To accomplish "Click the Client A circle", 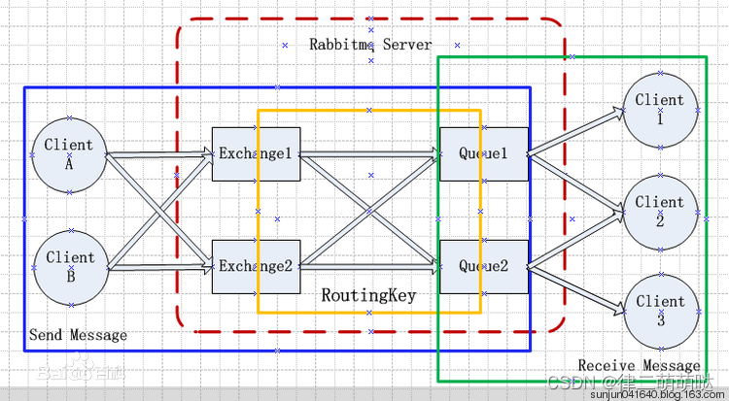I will point(69,154).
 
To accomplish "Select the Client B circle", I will point(69,266).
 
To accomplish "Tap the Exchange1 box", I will point(255,154).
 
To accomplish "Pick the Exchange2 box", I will point(255,266).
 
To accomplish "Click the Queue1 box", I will point(483,154).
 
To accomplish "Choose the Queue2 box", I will point(483,266).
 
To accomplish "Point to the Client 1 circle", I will point(660,108).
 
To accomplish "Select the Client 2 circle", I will point(660,210).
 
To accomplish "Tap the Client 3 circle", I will point(660,310).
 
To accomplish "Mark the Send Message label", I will point(78,335).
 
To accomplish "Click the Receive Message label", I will point(639,365).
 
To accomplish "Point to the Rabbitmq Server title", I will point(370,44).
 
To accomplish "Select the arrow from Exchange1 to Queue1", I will point(369,153).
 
